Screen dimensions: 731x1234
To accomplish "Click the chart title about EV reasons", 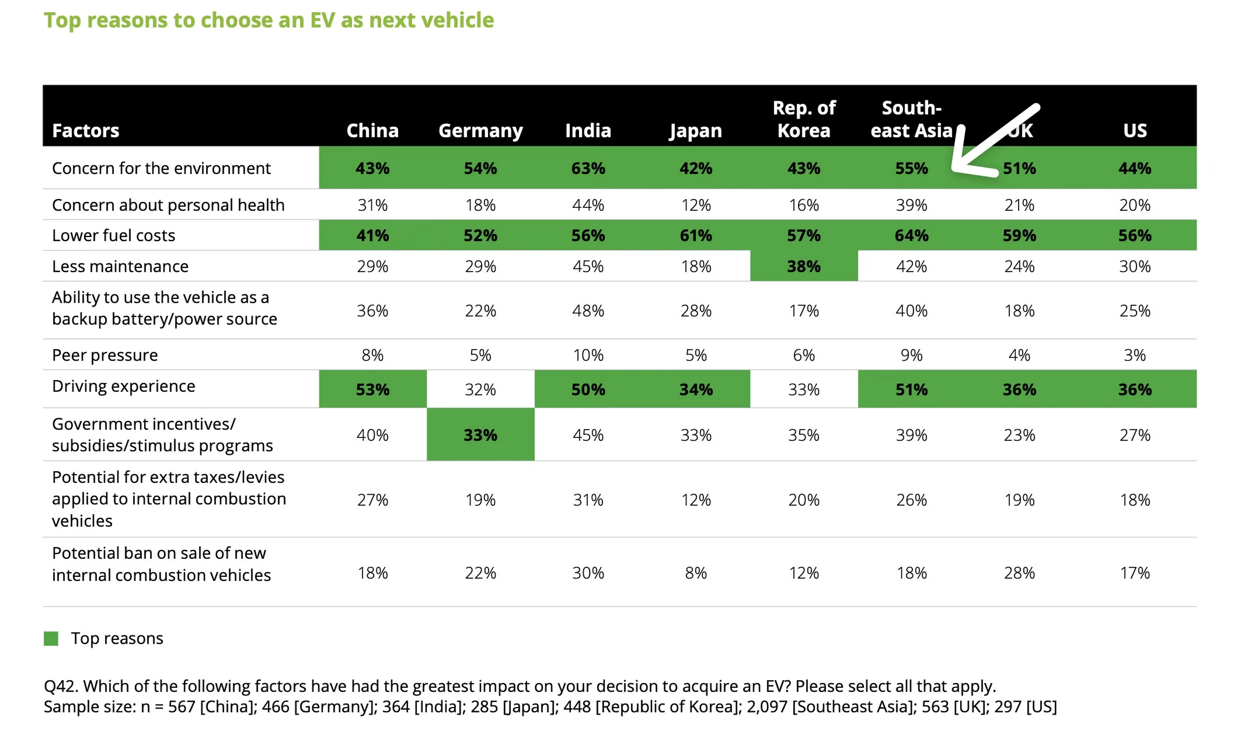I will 269,20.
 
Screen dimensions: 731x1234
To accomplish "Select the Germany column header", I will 480,130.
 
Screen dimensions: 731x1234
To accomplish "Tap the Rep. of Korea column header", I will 804,119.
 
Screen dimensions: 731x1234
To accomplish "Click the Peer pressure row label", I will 105,355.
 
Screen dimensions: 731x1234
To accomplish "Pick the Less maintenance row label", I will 120,266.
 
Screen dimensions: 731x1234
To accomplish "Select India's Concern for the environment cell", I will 588,168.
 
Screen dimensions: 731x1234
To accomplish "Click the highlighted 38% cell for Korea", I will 804,266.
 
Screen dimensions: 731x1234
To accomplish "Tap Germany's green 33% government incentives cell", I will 480,435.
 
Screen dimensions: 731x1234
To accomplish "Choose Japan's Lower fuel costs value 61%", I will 696,235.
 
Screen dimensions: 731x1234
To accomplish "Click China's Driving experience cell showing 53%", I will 372,389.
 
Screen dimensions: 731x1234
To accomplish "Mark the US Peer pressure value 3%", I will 1135,355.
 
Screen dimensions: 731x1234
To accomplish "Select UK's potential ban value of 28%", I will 1019,573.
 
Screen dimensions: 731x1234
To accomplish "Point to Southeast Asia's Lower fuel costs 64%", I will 911,235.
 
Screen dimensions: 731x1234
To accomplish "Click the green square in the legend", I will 51,638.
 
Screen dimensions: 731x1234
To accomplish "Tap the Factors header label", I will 86,130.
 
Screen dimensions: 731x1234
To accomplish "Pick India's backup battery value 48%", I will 588,311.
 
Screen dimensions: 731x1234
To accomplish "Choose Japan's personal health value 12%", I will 696,205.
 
